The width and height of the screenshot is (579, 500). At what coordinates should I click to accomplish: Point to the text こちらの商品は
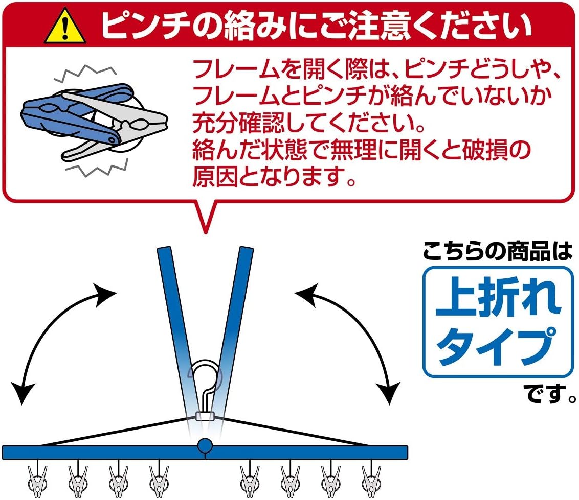(496, 253)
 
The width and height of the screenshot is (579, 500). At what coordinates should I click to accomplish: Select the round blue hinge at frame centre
(205, 445)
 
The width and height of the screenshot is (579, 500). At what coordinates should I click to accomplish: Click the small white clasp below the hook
(205, 416)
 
